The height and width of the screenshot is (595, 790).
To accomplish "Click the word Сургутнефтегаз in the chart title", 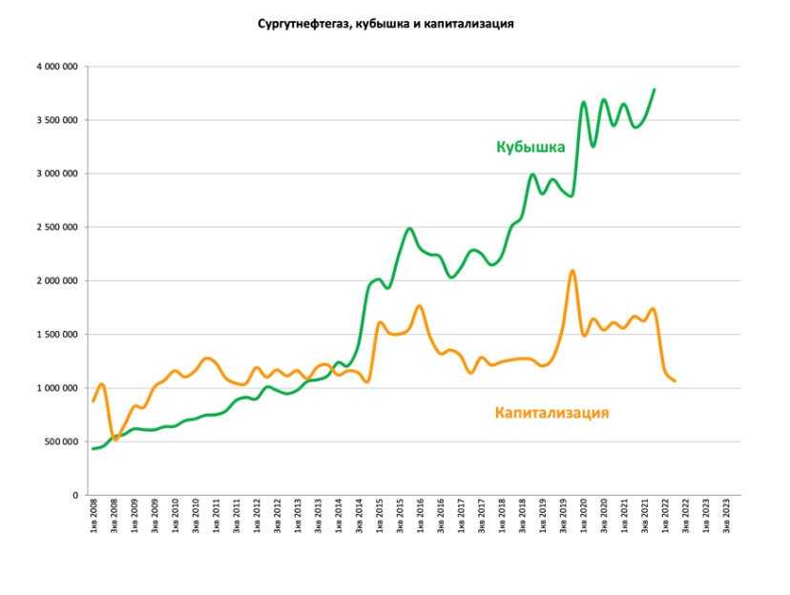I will click(299, 24).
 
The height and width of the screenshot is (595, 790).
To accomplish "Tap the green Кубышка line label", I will click(530, 147).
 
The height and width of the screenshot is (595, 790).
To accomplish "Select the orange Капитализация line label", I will click(551, 413).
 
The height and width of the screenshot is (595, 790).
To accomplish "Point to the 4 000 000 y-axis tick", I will click(58, 67).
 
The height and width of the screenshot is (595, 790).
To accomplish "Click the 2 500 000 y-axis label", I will click(58, 227).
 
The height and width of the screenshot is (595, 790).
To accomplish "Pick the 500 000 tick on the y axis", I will click(62, 441).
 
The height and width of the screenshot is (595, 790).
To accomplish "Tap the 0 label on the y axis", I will click(74, 495).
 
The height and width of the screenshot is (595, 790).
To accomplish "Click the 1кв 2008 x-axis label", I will click(94, 515).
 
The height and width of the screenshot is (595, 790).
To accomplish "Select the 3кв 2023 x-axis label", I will click(729, 515).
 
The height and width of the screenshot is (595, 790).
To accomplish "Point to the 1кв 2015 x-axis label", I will click(380, 515).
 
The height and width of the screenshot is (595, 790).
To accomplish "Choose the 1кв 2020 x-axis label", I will click(584, 515).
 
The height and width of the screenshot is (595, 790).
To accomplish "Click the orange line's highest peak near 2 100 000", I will click(572, 271).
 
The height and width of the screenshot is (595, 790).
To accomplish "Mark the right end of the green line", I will click(655, 90).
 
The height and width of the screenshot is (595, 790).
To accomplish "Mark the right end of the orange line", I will click(675, 381).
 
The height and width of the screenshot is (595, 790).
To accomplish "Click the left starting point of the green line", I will click(94, 448).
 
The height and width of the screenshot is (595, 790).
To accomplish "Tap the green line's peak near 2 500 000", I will click(409, 229).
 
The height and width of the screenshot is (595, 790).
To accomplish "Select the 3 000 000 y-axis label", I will click(58, 174).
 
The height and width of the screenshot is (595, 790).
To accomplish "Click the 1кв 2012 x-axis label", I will click(257, 515).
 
